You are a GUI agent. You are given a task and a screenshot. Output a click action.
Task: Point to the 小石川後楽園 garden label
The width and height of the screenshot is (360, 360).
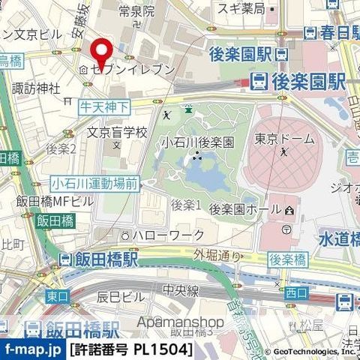point(199,142)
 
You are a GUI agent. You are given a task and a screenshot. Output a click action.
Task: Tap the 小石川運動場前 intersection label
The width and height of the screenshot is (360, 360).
point(95,182)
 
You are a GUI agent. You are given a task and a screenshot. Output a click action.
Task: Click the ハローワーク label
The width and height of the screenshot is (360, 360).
point(168,235)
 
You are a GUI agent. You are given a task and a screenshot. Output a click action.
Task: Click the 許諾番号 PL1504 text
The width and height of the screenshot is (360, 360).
point(131,349)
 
